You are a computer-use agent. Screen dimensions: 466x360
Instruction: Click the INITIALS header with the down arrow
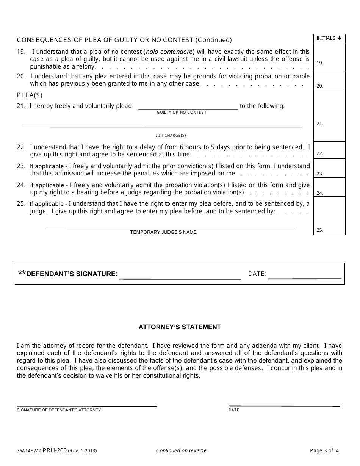pyautogui.click(x=329, y=38)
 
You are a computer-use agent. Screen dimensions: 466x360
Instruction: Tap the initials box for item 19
pyautogui.click(x=329, y=57)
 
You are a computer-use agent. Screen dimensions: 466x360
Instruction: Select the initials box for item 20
pyautogui.click(x=329, y=80)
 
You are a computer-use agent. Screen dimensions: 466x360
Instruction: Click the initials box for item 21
pyautogui.click(x=329, y=115)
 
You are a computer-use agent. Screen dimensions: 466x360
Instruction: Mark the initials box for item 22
pyautogui.click(x=329, y=150)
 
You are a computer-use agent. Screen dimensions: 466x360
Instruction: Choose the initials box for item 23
pyautogui.click(x=329, y=168)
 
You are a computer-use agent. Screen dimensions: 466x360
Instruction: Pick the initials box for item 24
pyautogui.click(x=329, y=187)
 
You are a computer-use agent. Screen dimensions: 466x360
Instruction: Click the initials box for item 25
pyautogui.click(x=329, y=216)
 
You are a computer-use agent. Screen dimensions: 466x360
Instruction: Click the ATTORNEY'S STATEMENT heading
pyautogui.click(x=180, y=327)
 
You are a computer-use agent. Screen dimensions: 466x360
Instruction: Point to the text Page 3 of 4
pyautogui.click(x=324, y=450)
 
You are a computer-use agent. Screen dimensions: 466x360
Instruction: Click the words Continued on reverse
pyautogui.click(x=181, y=450)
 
